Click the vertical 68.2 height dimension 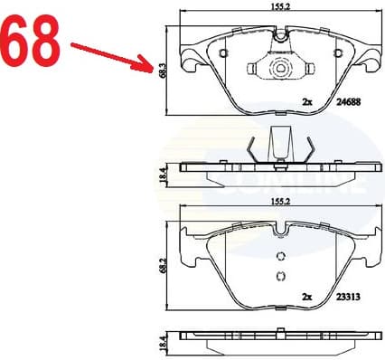[162, 269]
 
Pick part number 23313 [343, 296]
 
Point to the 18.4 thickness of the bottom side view [162, 341]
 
